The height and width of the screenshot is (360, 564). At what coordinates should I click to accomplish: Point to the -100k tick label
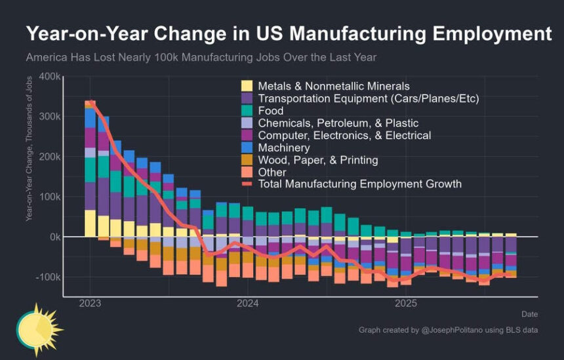click(49, 277)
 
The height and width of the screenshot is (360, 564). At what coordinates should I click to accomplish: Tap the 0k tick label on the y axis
click(54, 237)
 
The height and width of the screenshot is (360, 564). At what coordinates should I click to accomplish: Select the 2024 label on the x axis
click(248, 304)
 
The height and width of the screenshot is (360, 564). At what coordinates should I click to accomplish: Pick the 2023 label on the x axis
click(91, 304)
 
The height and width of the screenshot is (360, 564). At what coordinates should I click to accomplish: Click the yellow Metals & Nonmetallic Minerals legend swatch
click(247, 87)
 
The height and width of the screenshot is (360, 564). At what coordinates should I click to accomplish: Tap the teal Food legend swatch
click(247, 111)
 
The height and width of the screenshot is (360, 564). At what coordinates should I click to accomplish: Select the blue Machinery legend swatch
click(247, 148)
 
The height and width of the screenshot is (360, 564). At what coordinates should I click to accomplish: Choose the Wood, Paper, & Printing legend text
click(318, 160)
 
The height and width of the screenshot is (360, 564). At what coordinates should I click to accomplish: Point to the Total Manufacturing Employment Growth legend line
click(247, 184)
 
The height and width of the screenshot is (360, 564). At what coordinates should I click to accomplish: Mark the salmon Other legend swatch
click(247, 172)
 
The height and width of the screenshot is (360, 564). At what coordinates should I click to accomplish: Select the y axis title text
click(30, 157)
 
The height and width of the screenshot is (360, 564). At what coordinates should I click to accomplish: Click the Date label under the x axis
click(530, 314)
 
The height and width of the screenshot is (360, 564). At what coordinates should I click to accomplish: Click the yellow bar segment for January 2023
click(91, 223)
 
